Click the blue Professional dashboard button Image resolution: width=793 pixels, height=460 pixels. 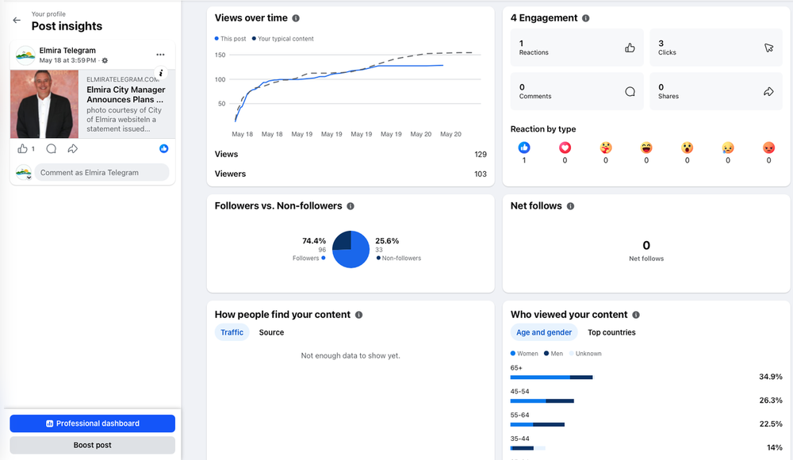93,424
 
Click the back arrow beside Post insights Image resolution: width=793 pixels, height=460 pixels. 17,21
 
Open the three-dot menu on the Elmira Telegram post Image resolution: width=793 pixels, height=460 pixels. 160,55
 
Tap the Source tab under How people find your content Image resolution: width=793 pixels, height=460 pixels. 271,332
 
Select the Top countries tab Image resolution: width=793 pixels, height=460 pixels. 611,332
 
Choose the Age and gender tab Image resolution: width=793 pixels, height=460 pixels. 544,332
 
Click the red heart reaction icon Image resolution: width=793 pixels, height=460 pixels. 565,148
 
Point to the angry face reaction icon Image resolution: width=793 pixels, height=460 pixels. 768,148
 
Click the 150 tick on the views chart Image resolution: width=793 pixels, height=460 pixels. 220,56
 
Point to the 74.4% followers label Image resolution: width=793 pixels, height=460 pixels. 314,241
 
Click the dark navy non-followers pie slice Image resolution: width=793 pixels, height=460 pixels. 342,240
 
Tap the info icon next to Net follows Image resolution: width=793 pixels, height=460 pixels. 570,206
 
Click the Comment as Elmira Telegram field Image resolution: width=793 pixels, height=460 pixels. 102,173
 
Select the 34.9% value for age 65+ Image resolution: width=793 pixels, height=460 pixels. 771,377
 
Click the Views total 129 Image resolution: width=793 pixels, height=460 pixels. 481,155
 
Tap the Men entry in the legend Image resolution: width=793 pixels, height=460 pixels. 554,354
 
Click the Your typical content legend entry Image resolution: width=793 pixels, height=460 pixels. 283,39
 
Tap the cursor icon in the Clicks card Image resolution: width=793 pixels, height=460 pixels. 768,48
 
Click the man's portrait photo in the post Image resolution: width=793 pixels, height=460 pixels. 44,104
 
